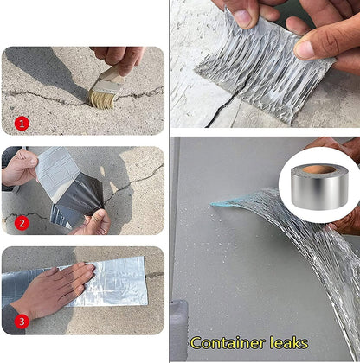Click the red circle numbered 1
[x=22, y=124]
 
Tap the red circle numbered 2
[x=22, y=223]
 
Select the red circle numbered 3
[x=22, y=322]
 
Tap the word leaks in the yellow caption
[x=284, y=342]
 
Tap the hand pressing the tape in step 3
[x=56, y=290]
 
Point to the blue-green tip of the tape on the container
[x=227, y=205]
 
